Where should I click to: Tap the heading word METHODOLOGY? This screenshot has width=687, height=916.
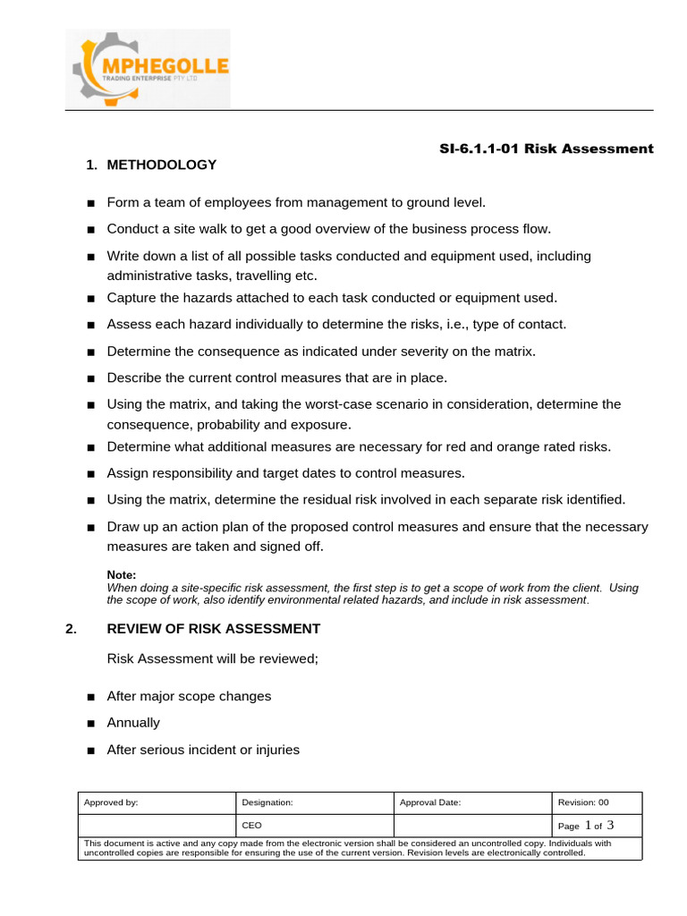point(162,165)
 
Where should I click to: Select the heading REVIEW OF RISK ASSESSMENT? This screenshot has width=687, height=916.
point(213,629)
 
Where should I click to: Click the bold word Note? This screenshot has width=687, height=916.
point(121,575)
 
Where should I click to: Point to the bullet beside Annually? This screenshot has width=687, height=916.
point(90,724)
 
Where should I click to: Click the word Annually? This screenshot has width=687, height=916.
point(133,723)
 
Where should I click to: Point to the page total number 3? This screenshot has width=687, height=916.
point(609,825)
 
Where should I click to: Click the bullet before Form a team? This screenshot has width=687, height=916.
point(90,204)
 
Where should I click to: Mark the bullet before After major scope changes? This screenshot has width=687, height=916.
point(90,697)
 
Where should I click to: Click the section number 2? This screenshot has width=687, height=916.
point(72,629)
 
